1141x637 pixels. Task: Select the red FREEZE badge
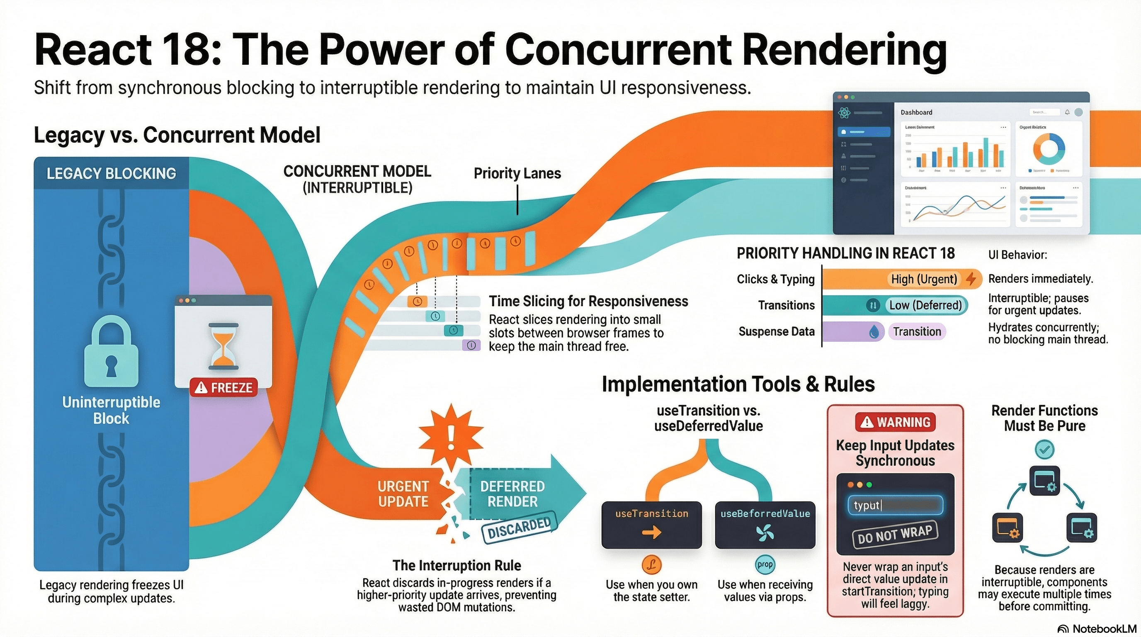[224, 388]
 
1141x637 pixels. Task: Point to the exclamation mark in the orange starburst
[451, 438]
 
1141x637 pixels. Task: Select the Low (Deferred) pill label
[925, 305]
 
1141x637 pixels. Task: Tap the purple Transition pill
[916, 331]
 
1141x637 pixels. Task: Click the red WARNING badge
[895, 422]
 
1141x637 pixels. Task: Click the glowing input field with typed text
[895, 506]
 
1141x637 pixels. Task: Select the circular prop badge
[765, 564]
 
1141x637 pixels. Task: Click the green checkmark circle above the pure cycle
[1044, 450]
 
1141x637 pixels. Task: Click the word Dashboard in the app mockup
[916, 112]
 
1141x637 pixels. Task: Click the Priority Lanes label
[517, 173]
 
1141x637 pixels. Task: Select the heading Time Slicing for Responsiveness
[588, 301]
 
